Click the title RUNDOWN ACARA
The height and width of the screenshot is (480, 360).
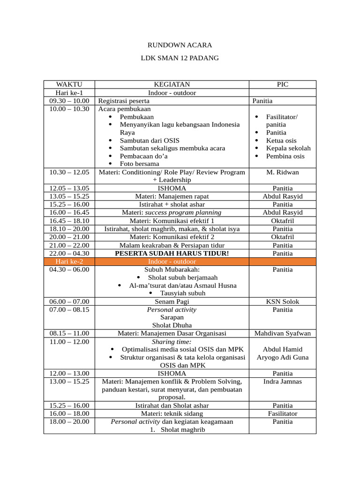point(180,45)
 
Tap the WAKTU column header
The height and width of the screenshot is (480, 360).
point(69,84)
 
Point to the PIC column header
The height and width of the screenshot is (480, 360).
point(282,84)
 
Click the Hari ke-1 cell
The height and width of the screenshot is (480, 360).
point(69,93)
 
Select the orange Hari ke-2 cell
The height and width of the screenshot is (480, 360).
point(69,262)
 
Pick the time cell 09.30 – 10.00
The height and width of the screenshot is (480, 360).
point(69,101)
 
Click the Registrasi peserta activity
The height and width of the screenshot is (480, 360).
point(124,101)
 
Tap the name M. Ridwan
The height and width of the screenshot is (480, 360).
point(282,172)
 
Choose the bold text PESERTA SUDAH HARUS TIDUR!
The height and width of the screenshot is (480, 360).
point(172,253)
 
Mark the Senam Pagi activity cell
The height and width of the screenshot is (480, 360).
point(172,301)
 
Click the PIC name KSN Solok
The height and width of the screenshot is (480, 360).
point(282,301)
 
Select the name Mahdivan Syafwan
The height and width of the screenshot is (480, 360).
point(282,333)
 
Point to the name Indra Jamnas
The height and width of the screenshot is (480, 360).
point(282,381)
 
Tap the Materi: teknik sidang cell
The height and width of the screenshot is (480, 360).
point(172,413)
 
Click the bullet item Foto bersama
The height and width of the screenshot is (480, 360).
point(139,164)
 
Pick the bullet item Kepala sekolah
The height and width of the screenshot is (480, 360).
point(288,148)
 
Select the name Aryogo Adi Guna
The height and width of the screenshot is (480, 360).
point(282,358)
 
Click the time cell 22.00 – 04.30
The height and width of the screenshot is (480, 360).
point(69,253)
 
